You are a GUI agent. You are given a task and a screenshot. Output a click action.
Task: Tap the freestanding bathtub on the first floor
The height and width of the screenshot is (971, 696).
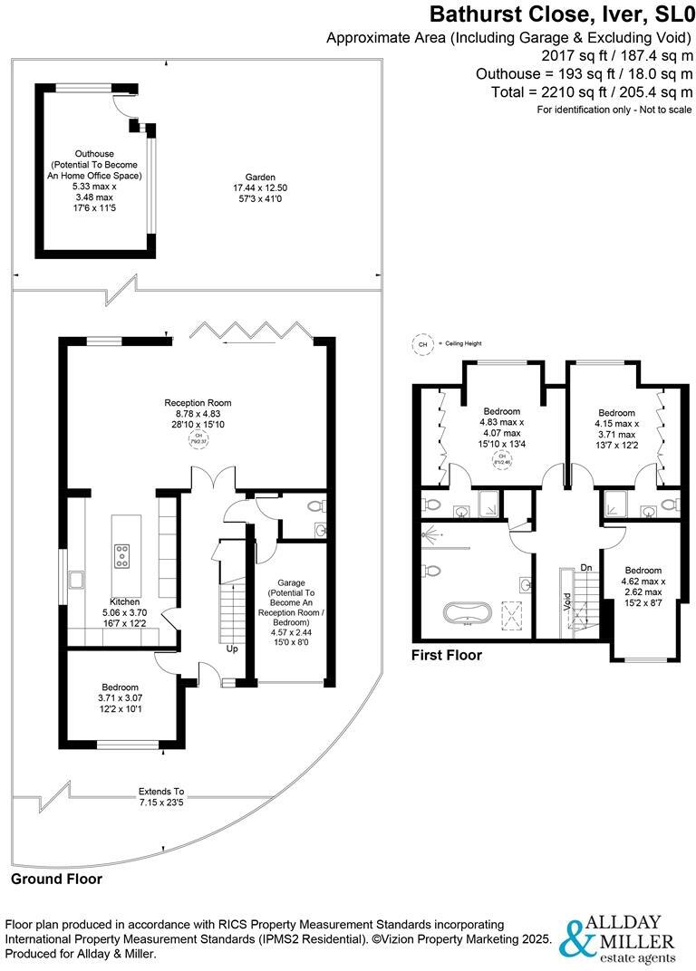[469, 612]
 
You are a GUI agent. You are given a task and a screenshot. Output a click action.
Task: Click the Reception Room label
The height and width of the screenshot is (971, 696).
[198, 402]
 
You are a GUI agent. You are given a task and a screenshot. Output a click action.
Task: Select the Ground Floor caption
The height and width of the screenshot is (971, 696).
[56, 879]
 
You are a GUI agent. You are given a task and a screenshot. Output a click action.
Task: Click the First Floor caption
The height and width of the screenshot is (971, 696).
[446, 655]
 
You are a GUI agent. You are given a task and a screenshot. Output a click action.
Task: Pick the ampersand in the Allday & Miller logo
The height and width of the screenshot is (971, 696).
[577, 938]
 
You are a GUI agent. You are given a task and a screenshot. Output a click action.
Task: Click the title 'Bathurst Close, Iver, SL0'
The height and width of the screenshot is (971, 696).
[561, 14]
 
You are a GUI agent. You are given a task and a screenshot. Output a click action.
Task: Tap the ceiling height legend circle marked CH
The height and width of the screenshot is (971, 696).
[421, 344]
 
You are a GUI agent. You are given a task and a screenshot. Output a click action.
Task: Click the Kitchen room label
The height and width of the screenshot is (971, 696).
[124, 601]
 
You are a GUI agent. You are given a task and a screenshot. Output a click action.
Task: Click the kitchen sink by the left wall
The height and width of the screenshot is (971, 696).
[73, 577]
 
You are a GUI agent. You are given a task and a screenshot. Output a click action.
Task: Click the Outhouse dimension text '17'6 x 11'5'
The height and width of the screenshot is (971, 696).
[94, 207]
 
